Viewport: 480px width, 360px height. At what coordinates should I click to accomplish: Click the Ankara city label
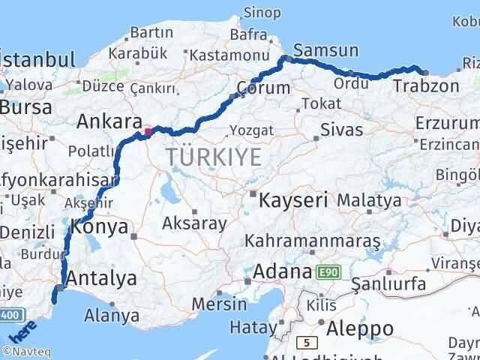[109, 121]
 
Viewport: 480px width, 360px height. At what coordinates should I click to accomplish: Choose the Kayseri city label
[293, 200]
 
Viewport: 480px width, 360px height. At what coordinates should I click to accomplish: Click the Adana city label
[281, 271]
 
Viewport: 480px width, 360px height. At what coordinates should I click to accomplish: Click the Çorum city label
[262, 88]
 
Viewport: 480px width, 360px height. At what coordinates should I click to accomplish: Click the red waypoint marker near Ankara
[148, 132]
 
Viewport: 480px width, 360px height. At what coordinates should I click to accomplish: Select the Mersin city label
[219, 304]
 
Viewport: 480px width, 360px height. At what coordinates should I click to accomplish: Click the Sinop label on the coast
[262, 13]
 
